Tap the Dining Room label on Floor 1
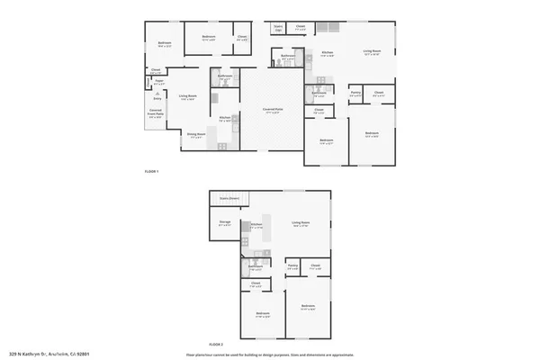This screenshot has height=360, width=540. pos(196,134)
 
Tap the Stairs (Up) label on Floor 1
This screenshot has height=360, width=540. pos(279,28)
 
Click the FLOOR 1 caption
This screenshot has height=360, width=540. pos(151,171)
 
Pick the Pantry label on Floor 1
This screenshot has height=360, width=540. pos(355,91)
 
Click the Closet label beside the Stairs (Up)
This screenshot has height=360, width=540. pos(301,27)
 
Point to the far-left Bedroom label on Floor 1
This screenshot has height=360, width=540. pos(165,43)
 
